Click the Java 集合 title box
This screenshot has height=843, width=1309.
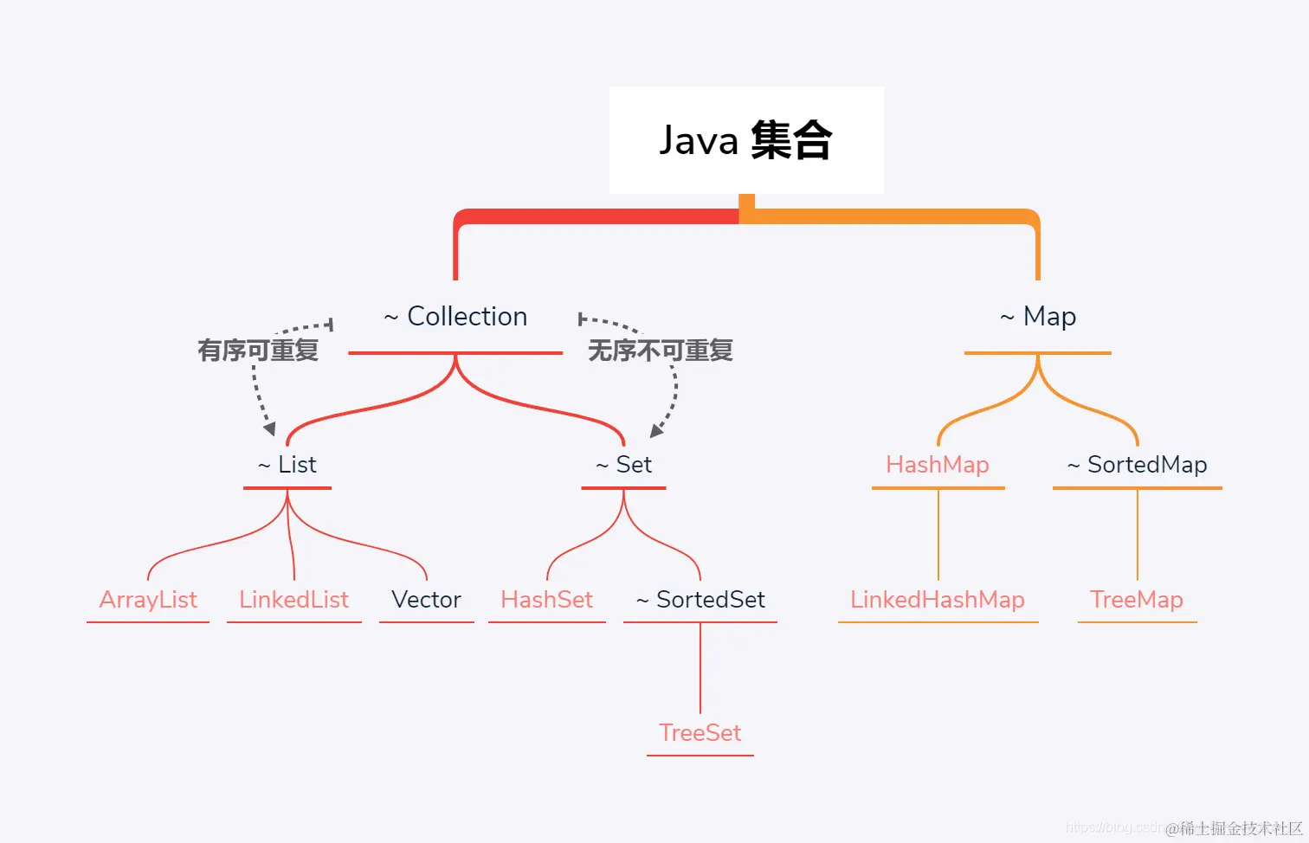coord(746,140)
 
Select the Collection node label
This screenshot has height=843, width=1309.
coord(456,317)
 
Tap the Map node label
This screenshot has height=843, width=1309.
coord(1038,317)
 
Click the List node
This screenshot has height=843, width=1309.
coord(287,465)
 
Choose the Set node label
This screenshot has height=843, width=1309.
coord(624,465)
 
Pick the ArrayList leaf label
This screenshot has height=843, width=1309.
coord(148,600)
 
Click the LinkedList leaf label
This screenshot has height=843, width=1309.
coord(293,600)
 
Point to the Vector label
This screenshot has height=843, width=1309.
coord(426,600)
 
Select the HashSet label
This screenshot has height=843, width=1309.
coord(546,600)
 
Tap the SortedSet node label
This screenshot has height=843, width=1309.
coord(701,600)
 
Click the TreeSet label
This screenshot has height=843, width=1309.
coord(700,733)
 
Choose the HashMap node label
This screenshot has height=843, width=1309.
coord(938,465)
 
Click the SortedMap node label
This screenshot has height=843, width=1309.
coord(1137,465)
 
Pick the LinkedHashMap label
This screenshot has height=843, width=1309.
coord(938,600)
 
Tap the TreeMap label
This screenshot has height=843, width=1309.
coord(1137,600)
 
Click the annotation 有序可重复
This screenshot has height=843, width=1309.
coord(258,351)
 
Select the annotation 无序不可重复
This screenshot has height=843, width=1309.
coord(661,351)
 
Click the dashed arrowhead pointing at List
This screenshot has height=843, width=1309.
coord(269,428)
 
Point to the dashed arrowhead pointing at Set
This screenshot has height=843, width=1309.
coord(657,429)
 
